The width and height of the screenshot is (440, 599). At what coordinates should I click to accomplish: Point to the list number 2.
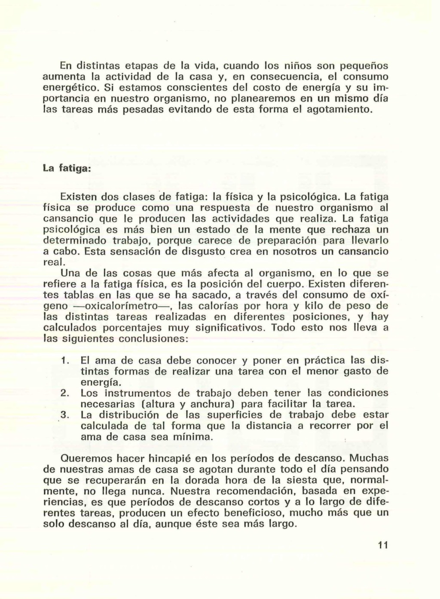65,393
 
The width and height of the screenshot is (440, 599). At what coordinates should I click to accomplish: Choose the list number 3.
65,415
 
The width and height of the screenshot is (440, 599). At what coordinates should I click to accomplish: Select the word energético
72,88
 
